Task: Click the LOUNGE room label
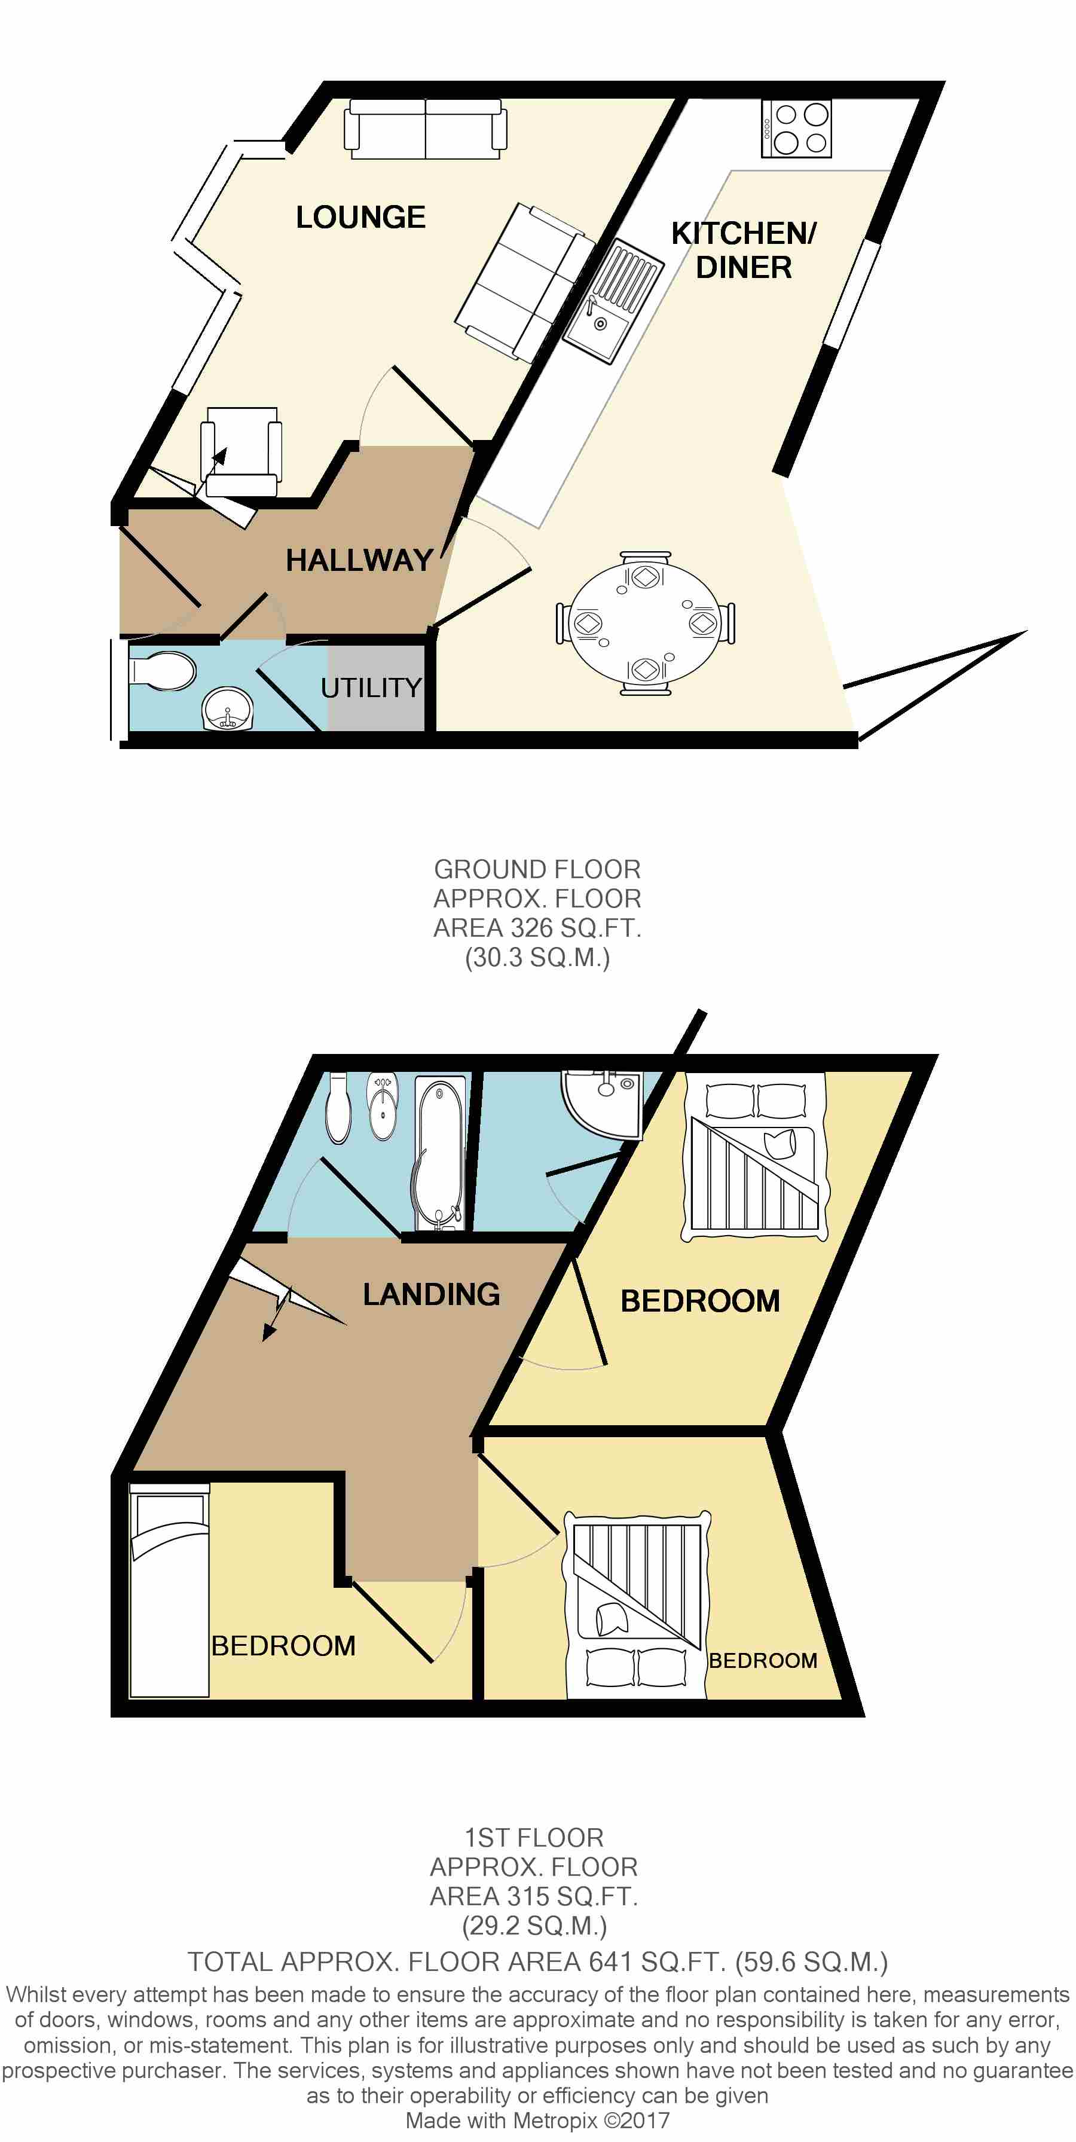click(361, 217)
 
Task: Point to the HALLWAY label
click(359, 560)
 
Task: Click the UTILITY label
click(371, 687)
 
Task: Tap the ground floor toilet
click(162, 670)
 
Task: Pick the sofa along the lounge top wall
click(426, 129)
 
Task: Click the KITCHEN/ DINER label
click(744, 250)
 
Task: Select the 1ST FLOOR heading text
click(534, 1837)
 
